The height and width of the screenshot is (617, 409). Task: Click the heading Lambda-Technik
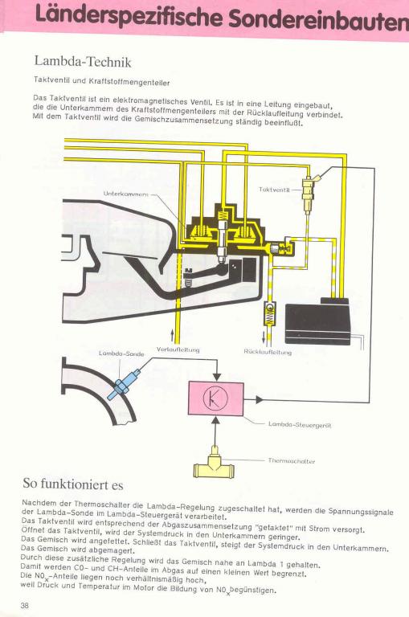(x=83, y=61)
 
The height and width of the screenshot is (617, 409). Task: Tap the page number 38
(x=24, y=605)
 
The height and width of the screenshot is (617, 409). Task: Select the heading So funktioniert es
(x=73, y=484)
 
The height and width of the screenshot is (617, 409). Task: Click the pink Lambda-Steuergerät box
(x=215, y=398)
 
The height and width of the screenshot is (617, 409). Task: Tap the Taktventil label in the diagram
(x=274, y=190)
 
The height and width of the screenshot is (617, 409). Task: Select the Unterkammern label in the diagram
(x=125, y=194)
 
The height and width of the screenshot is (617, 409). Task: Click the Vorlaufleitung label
(x=178, y=349)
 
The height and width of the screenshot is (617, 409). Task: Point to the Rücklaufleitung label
(x=268, y=352)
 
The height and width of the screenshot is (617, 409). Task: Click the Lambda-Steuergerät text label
(x=300, y=425)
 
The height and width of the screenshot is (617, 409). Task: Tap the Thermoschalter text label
(x=292, y=461)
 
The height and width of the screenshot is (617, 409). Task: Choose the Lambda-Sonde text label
(x=121, y=353)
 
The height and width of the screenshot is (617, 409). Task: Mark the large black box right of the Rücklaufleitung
(x=317, y=321)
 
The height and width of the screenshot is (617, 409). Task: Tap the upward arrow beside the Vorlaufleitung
(x=172, y=337)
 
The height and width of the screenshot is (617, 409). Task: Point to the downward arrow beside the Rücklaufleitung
(x=264, y=337)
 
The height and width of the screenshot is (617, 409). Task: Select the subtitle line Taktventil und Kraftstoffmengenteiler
(x=101, y=81)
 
